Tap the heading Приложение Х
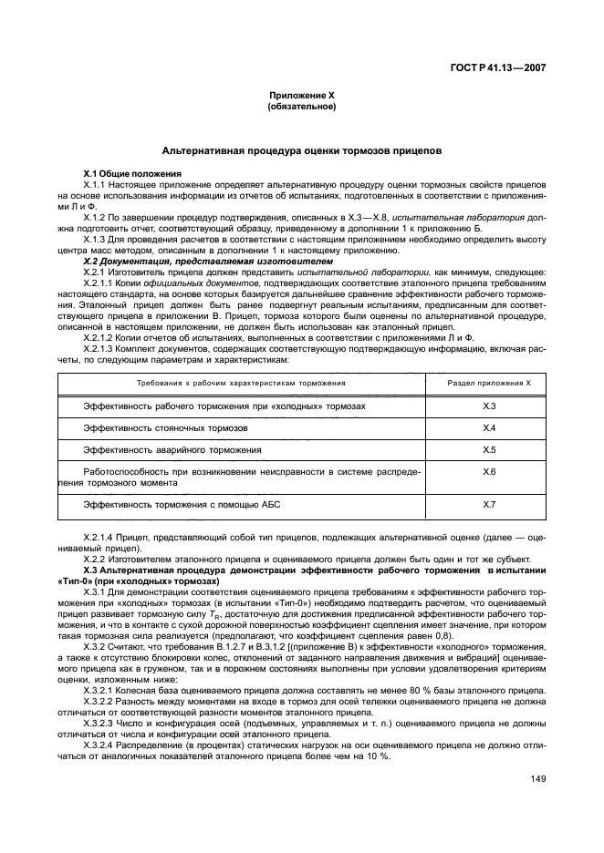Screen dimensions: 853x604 (301, 96)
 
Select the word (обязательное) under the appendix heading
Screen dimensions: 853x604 (301, 107)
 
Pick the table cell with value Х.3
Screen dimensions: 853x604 (488, 406)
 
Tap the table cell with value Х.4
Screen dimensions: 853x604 (488, 427)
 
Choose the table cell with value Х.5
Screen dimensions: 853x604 (488, 450)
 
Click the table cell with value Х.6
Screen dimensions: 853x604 (488, 472)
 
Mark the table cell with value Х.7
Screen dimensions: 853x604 (488, 504)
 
